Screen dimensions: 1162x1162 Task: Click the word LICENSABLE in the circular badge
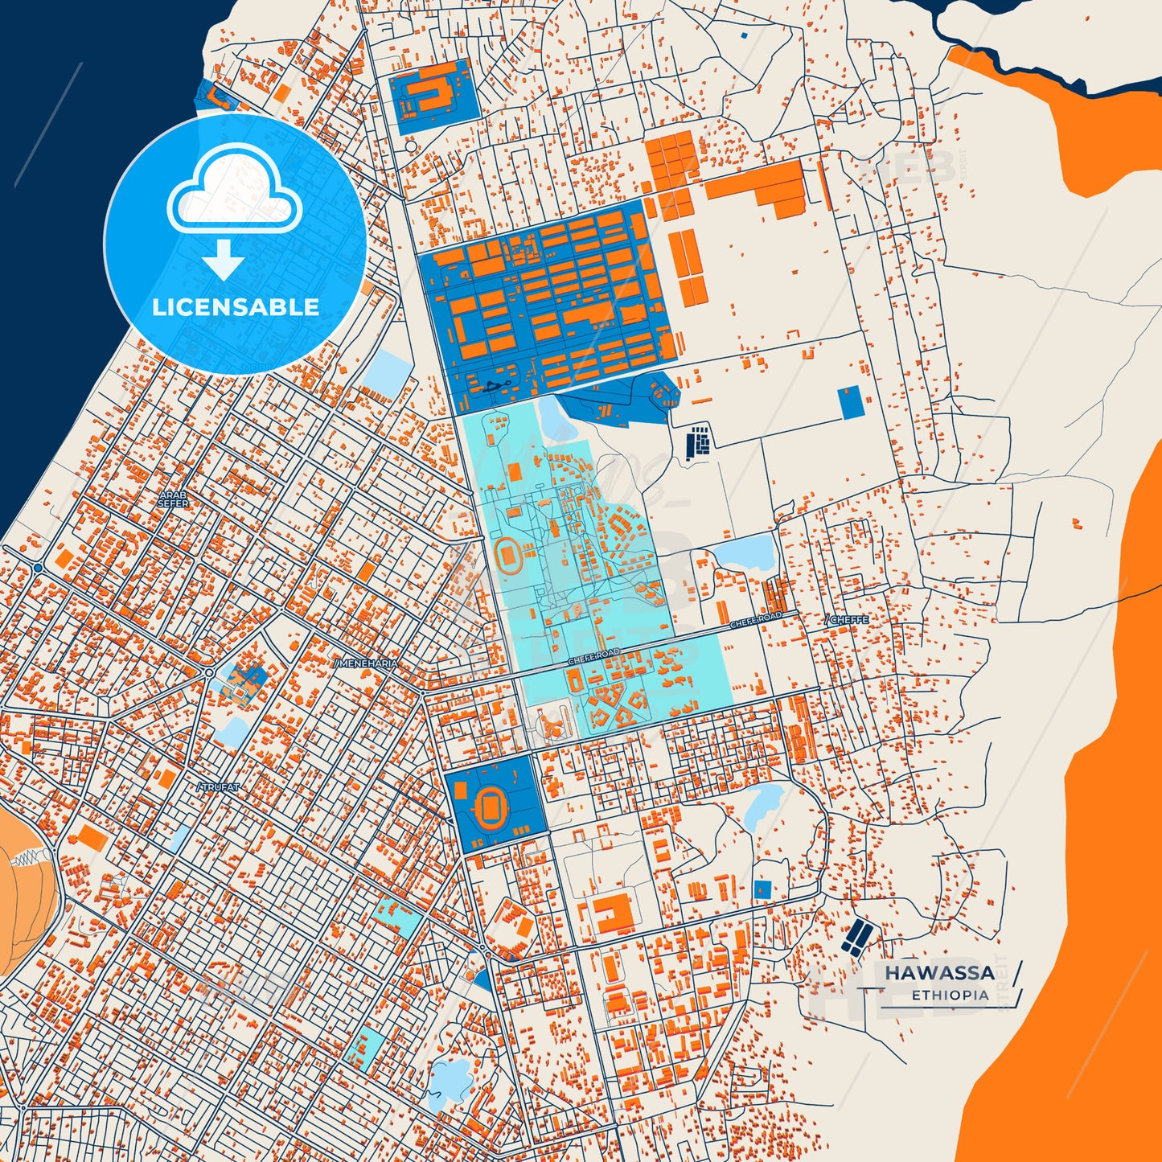[236, 307]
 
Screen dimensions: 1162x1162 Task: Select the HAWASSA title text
[939, 973]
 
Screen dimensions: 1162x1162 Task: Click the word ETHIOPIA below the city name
[950, 996]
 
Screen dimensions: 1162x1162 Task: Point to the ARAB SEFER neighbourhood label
[173, 499]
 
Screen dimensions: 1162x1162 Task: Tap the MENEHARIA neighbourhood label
[366, 663]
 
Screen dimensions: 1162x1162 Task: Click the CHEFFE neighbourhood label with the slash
[848, 620]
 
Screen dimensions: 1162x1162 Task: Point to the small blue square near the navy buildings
[762, 889]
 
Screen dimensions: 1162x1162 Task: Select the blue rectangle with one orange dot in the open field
[850, 402]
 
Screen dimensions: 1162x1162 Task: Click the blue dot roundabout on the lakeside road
[38, 568]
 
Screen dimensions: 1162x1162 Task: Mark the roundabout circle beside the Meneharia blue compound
[209, 672]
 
